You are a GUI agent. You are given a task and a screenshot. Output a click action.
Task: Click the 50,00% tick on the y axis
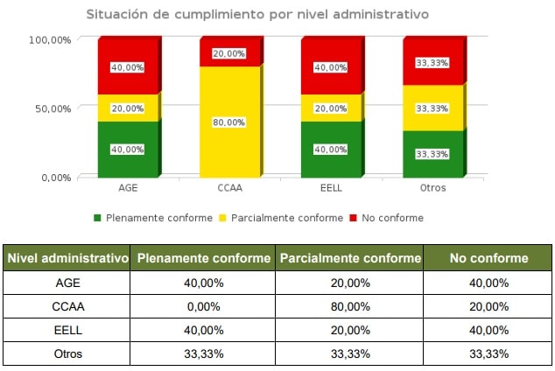click(50, 108)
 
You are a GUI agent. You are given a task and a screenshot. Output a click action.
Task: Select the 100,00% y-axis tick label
click(47, 39)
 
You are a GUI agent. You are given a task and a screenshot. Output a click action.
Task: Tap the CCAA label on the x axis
click(229, 188)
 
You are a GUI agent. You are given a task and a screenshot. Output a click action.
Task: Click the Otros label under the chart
click(432, 188)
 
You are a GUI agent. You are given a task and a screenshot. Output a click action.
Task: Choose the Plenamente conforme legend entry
click(153, 218)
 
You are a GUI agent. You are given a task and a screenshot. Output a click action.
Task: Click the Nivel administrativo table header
click(67, 258)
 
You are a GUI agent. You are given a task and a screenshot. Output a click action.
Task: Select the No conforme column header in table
click(488, 258)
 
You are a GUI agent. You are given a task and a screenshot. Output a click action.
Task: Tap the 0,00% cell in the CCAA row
click(203, 306)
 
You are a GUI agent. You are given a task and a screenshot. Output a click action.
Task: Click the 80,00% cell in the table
click(349, 306)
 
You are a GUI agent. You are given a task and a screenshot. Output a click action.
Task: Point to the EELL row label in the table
click(67, 330)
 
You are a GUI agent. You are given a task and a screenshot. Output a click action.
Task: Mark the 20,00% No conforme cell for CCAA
click(488, 306)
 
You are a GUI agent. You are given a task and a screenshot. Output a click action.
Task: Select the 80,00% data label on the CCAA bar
click(228, 122)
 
